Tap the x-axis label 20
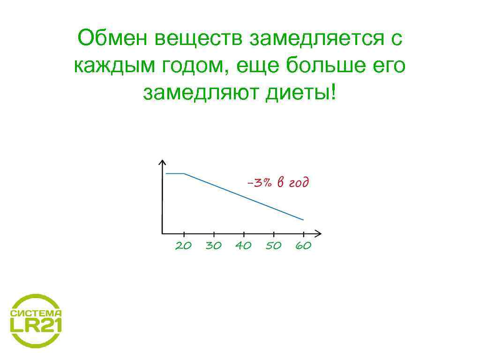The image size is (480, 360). [x=183, y=246]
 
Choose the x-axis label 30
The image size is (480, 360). [x=213, y=246]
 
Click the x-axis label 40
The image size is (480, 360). [x=243, y=246]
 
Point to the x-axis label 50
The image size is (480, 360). [x=273, y=246]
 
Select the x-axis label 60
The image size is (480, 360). [x=303, y=246]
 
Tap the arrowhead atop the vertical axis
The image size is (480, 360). [x=162, y=162]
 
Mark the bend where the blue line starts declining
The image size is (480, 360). [x=184, y=173]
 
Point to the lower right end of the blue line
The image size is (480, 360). [x=303, y=219]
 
